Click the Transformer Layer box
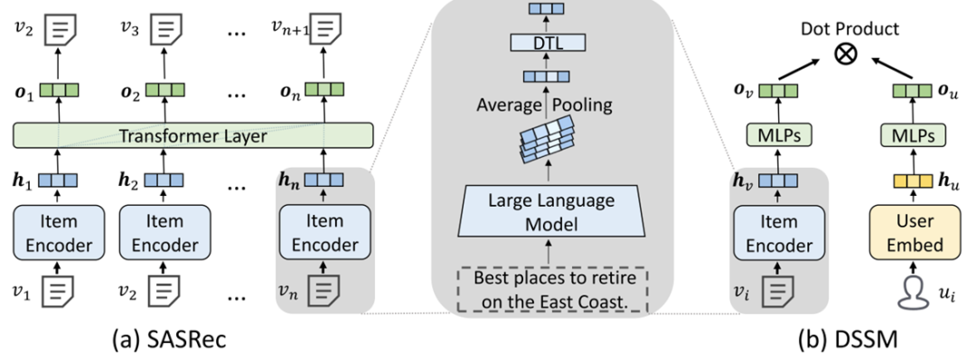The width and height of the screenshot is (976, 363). [193, 136]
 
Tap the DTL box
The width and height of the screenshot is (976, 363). [548, 42]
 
